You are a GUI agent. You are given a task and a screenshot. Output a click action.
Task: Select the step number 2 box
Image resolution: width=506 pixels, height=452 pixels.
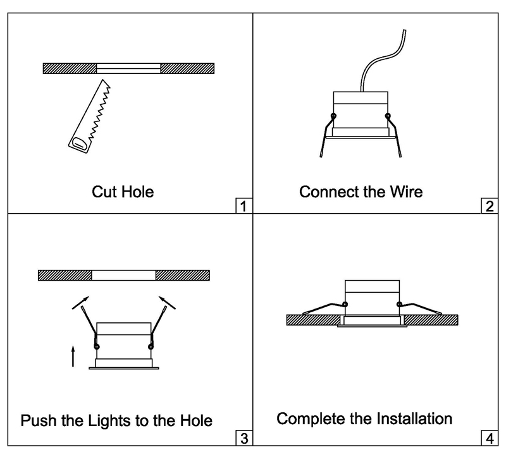coord(488,205)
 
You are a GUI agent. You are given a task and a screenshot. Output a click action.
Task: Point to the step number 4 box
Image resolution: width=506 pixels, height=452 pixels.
coord(488,437)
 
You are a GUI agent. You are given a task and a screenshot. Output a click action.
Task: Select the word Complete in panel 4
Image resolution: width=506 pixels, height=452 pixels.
coord(310,418)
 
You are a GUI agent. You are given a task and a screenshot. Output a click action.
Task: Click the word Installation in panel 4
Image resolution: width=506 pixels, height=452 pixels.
coord(410,418)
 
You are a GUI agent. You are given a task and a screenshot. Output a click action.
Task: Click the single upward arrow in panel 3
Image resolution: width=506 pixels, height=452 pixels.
coord(73,355)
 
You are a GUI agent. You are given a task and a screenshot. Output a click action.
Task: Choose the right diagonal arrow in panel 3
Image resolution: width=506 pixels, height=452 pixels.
coord(166,302)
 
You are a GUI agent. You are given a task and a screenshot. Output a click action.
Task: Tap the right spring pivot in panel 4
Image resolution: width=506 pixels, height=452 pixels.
coord(399,305)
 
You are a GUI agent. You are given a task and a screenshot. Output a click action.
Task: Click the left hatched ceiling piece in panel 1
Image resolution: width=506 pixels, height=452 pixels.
coord(70,68)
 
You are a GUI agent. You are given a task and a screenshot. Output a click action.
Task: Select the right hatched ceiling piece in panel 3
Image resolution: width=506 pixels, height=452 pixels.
coord(182,275)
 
